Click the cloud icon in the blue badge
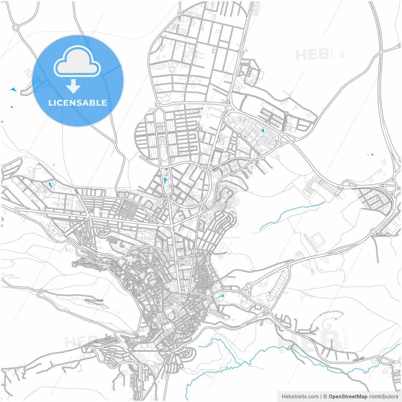click(x=77, y=62)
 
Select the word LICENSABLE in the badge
click(x=78, y=103)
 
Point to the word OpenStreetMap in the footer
click(x=348, y=397)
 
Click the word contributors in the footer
click(x=383, y=397)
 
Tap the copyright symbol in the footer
click(x=325, y=397)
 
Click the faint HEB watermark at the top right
click(x=312, y=55)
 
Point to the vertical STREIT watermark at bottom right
click(x=346, y=339)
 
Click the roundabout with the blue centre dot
click(x=288, y=265)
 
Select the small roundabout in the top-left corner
click(x=15, y=27)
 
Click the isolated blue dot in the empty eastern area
click(x=372, y=155)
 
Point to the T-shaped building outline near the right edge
click(x=384, y=162)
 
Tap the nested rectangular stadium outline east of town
click(x=317, y=240)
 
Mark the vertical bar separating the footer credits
click(x=321, y=397)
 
